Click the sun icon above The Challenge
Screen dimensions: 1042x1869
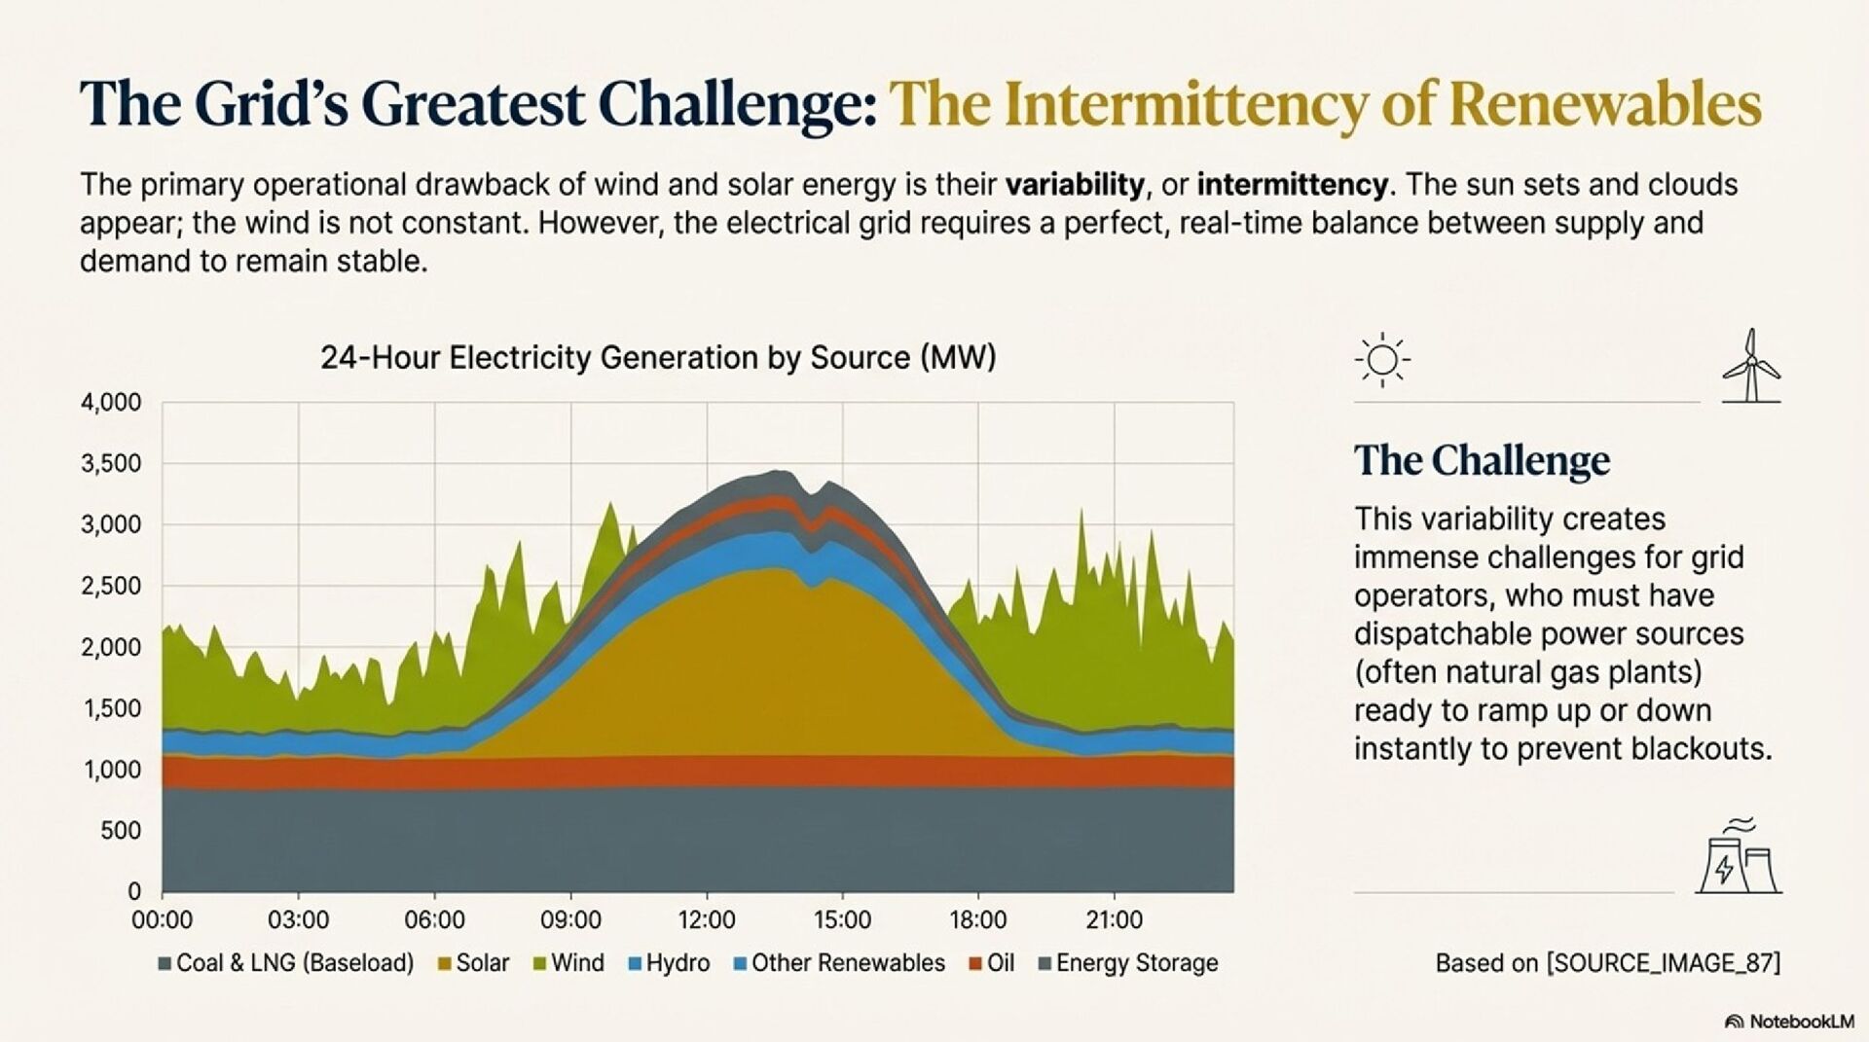pos(1382,361)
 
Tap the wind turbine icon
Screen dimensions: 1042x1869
pos(1751,366)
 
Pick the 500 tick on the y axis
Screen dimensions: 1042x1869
pos(122,831)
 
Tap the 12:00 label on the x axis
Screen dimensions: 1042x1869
pos(707,919)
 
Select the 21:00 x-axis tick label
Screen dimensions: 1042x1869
pos(1114,919)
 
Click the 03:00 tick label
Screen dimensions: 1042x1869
pos(299,919)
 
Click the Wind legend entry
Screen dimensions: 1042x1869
pos(568,963)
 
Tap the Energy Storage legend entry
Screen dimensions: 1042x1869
pos(1128,963)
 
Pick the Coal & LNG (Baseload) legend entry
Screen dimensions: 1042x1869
pos(286,963)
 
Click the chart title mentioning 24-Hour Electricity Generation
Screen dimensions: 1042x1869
pos(658,358)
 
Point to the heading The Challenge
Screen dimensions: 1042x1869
pos(1482,460)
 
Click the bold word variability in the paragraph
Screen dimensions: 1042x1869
pos(1075,184)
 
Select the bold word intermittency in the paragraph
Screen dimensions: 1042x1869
pos(1293,184)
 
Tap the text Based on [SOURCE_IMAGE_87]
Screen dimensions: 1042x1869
pos(1607,963)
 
